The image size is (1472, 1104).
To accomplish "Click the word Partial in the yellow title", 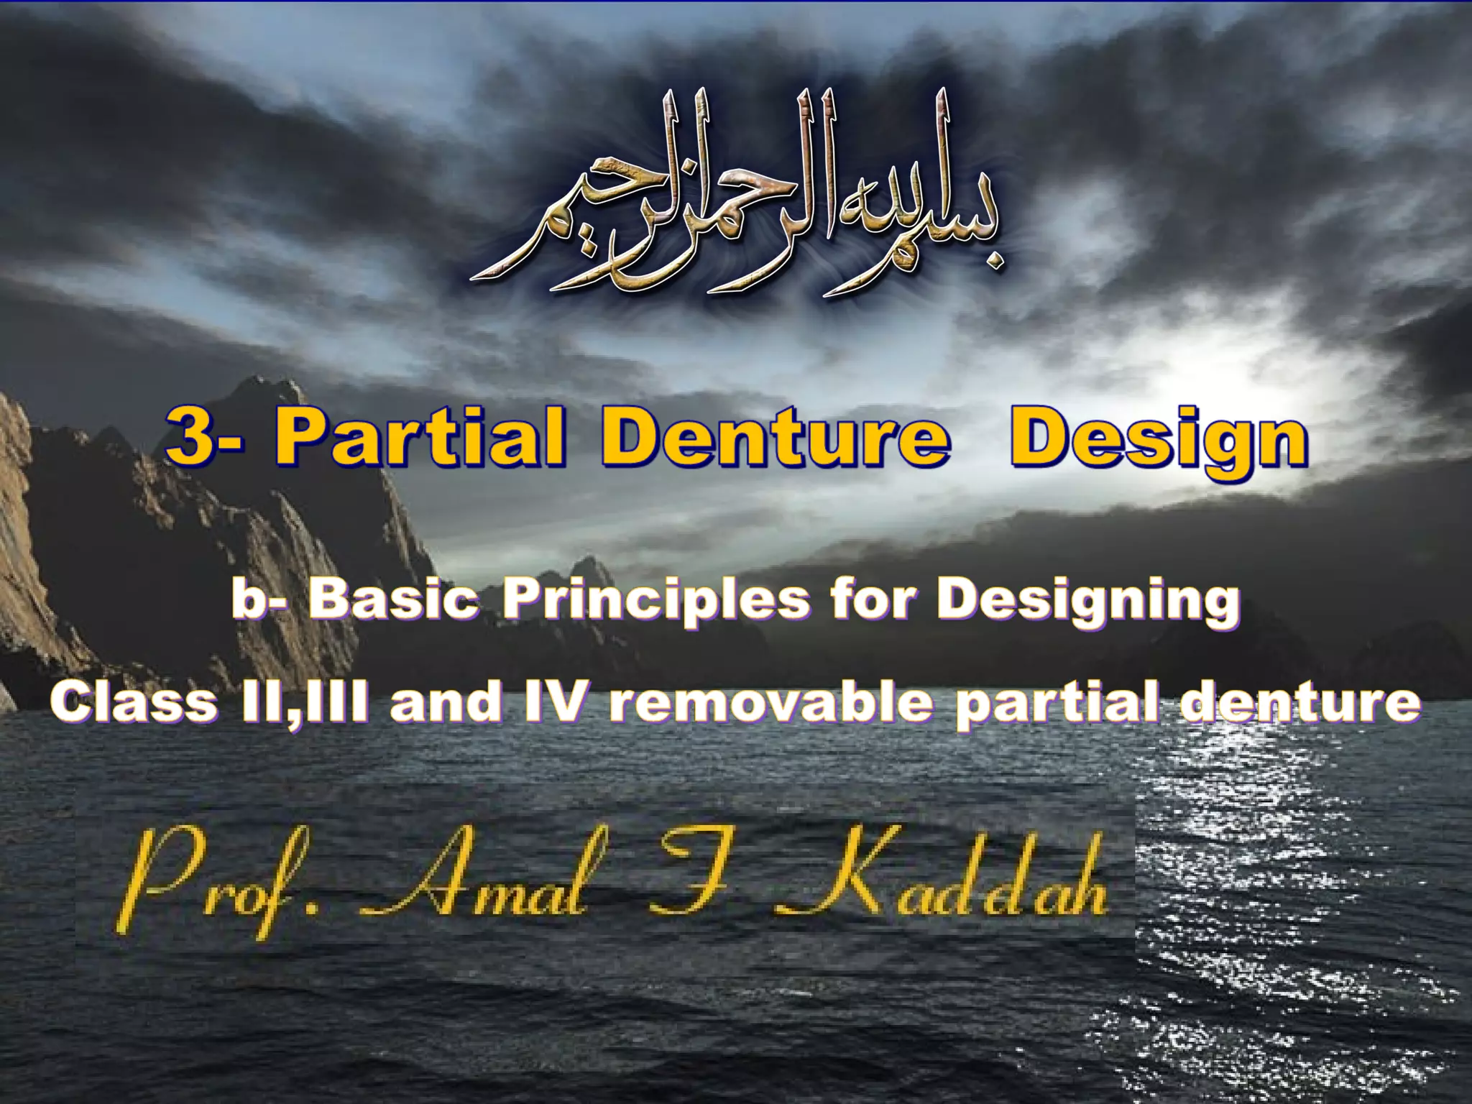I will tap(420, 436).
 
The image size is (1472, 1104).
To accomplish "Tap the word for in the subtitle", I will tap(874, 599).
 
